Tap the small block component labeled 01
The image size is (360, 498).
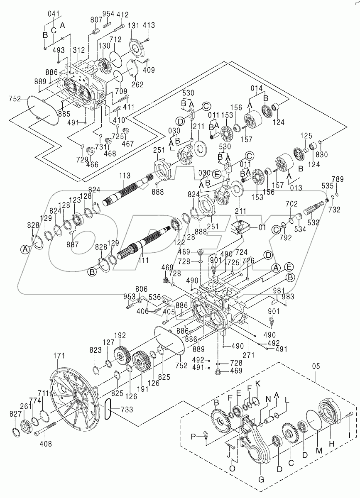[x=240, y=228]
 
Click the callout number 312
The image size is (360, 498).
[x=79, y=50]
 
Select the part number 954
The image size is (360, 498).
[x=108, y=14]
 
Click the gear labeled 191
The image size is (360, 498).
[x=141, y=368]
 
